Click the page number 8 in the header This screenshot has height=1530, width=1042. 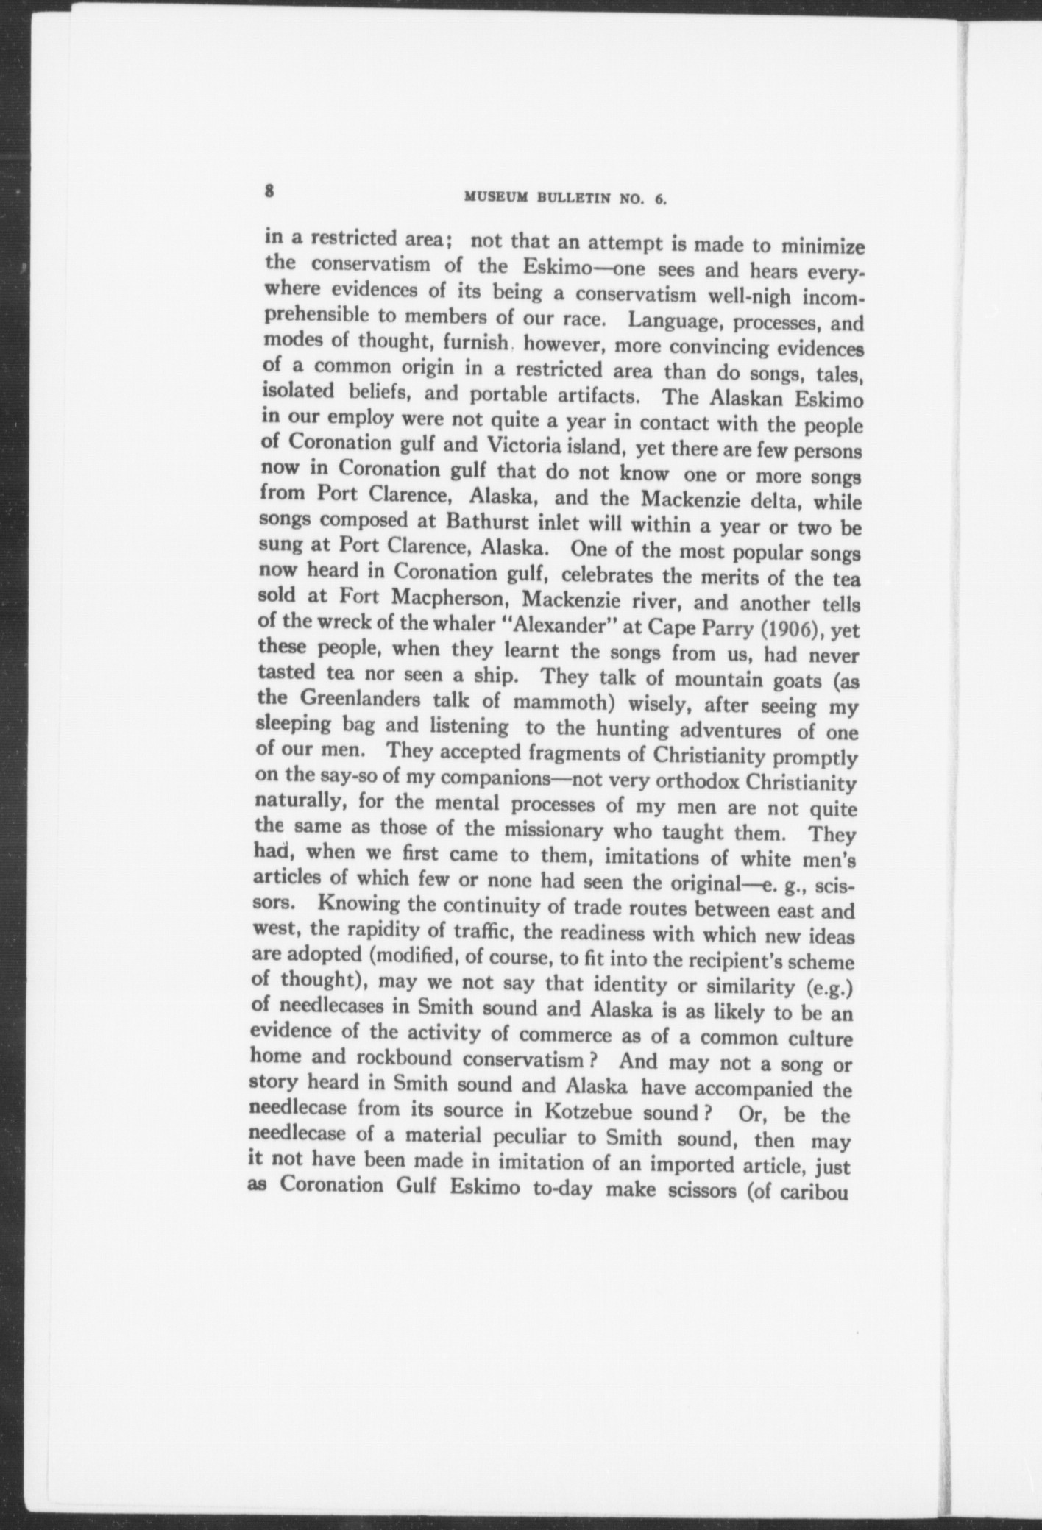coord(270,191)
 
